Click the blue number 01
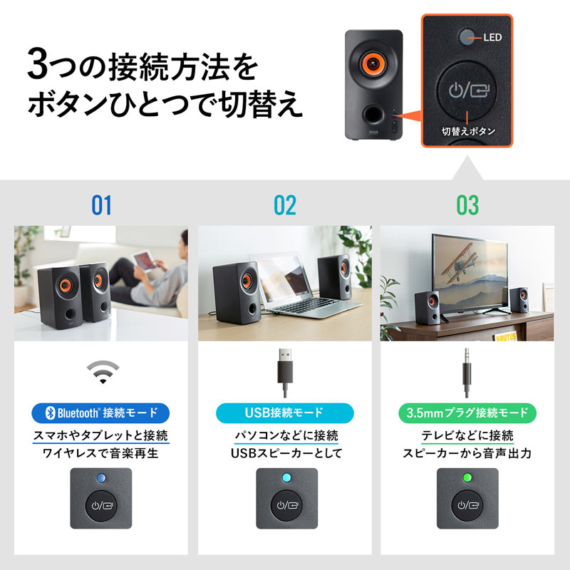coord(102,206)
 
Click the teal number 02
coord(284,206)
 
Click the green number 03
coord(467,206)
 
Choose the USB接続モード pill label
coord(284,413)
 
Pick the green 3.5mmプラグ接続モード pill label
coord(467,413)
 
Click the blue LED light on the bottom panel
coord(102,478)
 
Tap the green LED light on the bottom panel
coord(467,478)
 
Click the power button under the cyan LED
coord(284,507)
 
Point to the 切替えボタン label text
coord(468,131)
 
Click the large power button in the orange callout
coord(467,90)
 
